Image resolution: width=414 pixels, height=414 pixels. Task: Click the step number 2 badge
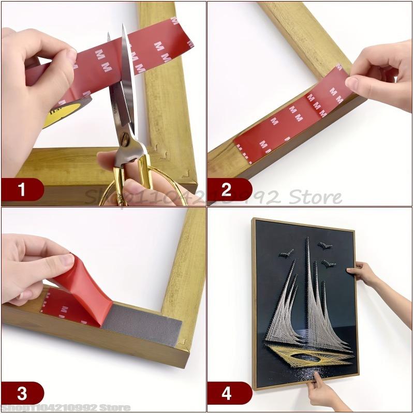pyautogui.click(x=227, y=189)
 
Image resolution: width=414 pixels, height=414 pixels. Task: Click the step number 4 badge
pyautogui.click(x=227, y=393)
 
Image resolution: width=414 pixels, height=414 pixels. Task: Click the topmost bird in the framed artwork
pyautogui.click(x=325, y=246)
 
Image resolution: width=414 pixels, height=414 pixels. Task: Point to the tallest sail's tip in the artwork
pyautogui.click(x=306, y=239)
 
